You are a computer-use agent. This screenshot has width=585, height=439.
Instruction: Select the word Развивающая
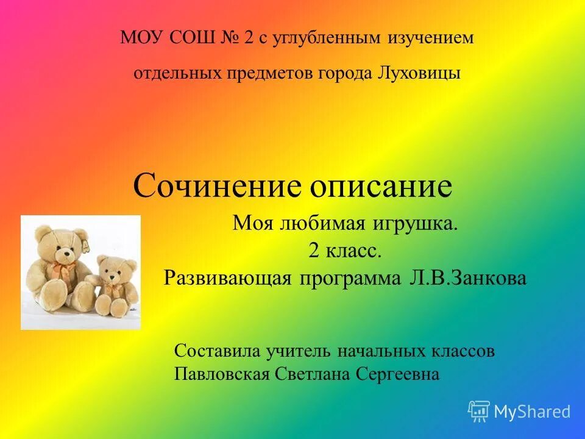(229, 278)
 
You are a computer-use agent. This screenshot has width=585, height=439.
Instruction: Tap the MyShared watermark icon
(479, 411)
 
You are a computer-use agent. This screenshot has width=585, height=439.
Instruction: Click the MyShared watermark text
(532, 412)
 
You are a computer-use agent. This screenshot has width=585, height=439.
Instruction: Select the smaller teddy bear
(114, 284)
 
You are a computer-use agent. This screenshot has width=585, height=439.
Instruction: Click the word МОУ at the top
(140, 38)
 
